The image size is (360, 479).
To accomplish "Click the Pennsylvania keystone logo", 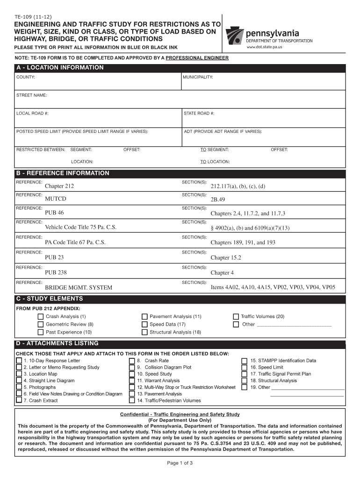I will pyautogui.click(x=235, y=34).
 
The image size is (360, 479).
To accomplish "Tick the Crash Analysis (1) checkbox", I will pyautogui.click(x=40, y=317).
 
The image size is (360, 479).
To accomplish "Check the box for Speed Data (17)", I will pyautogui.click(x=144, y=324).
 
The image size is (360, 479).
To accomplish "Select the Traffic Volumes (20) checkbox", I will pyautogui.click(x=236, y=317).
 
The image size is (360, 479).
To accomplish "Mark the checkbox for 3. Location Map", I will pyautogui.click(x=19, y=374).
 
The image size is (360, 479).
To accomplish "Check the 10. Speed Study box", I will pyautogui.click(x=132, y=374).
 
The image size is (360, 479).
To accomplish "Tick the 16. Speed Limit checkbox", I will pyautogui.click(x=244, y=368).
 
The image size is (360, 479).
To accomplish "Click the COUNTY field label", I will pyautogui.click(x=25, y=77).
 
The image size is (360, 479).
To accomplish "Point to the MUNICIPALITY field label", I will pyautogui.click(x=198, y=77).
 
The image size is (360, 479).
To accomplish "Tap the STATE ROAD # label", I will pyautogui.click(x=199, y=113).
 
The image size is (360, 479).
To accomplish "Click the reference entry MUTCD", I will pyautogui.click(x=56, y=199).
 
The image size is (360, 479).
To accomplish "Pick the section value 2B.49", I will pyautogui.click(x=218, y=200).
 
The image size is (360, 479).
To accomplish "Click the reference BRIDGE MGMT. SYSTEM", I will pyautogui.click(x=78, y=287).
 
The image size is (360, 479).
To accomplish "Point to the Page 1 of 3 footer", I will pyautogui.click(x=180, y=463).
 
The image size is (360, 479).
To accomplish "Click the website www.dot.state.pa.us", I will pyautogui.click(x=264, y=48).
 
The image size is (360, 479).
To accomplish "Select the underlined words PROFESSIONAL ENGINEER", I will pyautogui.click(x=197, y=58).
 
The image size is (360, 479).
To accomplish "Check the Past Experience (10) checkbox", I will pyautogui.click(x=40, y=332).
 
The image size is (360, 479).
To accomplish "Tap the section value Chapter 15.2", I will pyautogui.click(x=226, y=258).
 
